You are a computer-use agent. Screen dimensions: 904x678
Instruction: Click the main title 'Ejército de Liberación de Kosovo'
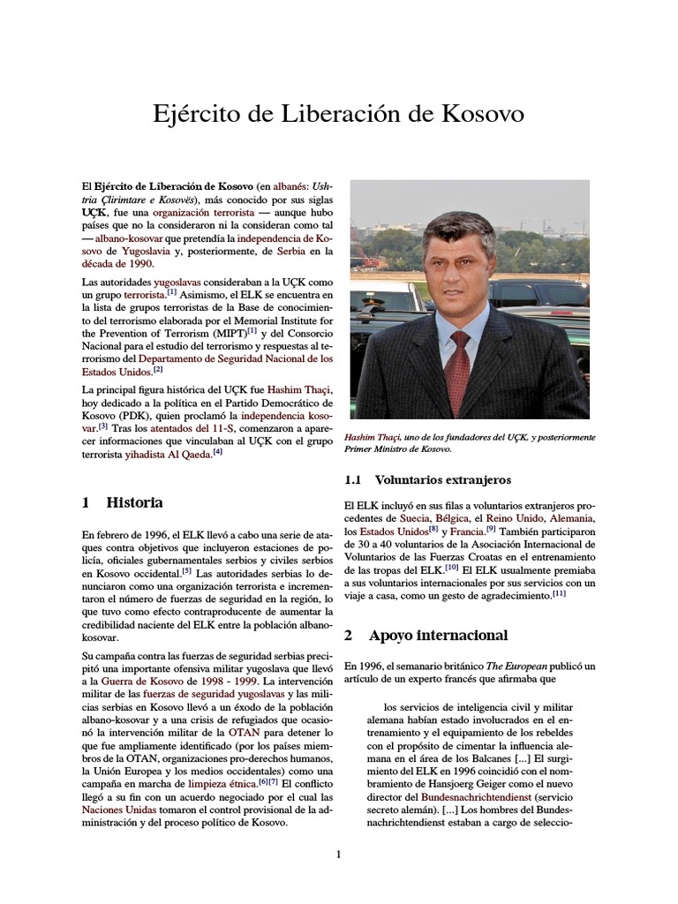click(339, 115)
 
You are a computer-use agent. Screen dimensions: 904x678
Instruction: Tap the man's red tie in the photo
click(461, 366)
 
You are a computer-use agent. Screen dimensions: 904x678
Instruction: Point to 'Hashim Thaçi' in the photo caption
click(373, 437)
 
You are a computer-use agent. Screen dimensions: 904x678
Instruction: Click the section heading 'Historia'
click(134, 502)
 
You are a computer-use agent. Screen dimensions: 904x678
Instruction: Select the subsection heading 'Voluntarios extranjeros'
click(442, 480)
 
